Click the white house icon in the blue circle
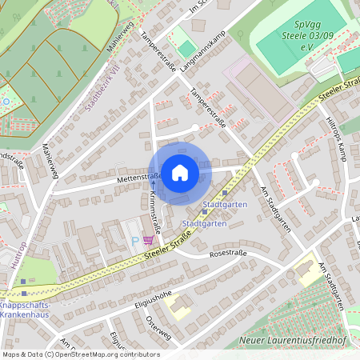[179, 172]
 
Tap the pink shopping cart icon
[147, 238]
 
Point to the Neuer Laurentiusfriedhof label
[297, 342]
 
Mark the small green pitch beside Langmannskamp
[186, 39]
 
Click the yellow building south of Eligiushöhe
[179, 308]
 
